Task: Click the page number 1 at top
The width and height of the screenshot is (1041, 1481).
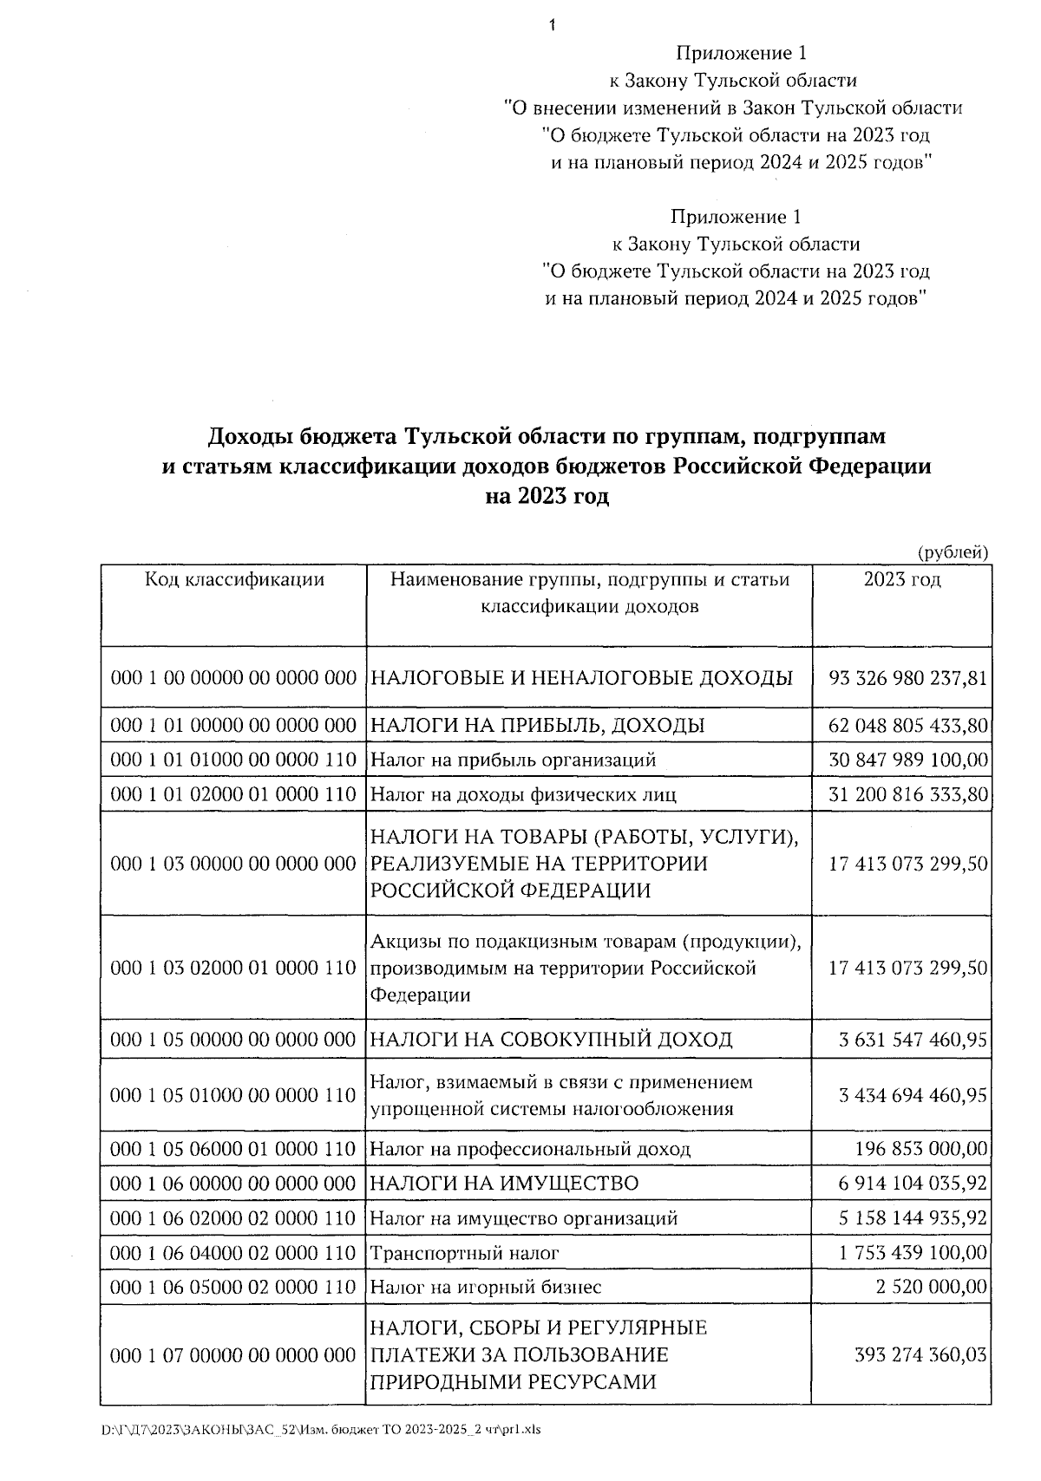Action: (x=552, y=25)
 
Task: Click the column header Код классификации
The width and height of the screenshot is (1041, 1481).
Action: (x=234, y=579)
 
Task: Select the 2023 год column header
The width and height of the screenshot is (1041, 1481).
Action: (x=901, y=579)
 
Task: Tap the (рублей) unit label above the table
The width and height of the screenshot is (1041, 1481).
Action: (x=953, y=551)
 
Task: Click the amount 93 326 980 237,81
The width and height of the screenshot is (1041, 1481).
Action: (x=907, y=677)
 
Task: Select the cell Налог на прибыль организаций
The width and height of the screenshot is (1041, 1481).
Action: (x=513, y=760)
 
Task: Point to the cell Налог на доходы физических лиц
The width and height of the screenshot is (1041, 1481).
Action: (x=523, y=794)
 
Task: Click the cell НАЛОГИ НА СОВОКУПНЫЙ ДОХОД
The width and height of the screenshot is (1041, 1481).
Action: (x=551, y=1039)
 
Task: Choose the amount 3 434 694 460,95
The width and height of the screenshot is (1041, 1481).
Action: (x=913, y=1095)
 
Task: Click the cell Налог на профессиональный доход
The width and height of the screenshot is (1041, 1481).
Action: (x=530, y=1150)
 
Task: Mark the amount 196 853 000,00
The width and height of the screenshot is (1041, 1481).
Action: (x=921, y=1150)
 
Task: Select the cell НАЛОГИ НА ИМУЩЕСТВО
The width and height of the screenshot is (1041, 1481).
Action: (x=504, y=1184)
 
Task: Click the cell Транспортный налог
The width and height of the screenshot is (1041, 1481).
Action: (x=464, y=1253)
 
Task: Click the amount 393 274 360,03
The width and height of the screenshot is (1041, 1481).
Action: (x=921, y=1355)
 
